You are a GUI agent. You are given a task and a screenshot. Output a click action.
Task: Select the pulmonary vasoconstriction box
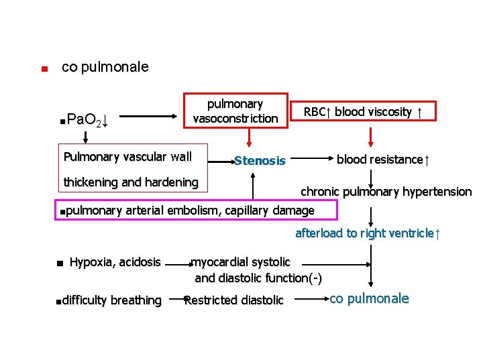click(235, 111)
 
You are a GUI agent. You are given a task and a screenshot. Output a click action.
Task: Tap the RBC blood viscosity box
click(363, 112)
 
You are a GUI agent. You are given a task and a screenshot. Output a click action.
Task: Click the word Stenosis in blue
click(260, 161)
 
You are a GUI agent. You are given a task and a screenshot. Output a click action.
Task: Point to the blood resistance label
click(382, 160)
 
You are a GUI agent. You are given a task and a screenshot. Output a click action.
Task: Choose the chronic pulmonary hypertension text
click(386, 192)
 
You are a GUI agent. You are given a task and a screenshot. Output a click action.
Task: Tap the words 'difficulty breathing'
click(112, 300)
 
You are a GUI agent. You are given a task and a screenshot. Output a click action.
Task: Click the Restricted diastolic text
click(235, 300)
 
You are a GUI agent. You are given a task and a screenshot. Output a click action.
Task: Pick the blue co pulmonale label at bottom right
click(370, 299)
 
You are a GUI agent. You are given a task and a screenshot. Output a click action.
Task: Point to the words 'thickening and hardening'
click(131, 182)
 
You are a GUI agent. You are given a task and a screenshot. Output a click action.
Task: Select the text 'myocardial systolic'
click(241, 262)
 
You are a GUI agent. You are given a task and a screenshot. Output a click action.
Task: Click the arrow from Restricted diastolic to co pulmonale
click(307, 300)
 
